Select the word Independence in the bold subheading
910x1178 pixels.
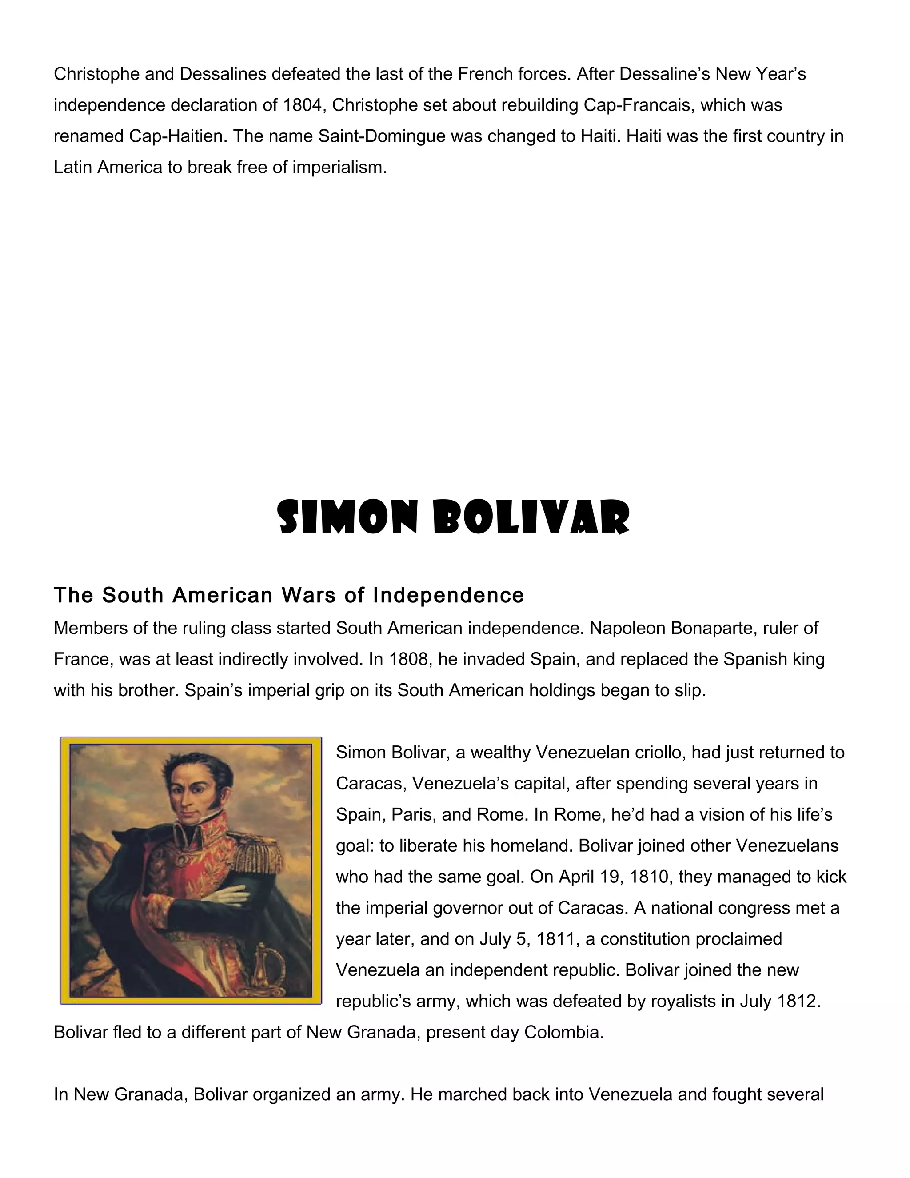[448, 595]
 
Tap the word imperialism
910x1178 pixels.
[339, 167]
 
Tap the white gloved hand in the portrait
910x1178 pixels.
[229, 896]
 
